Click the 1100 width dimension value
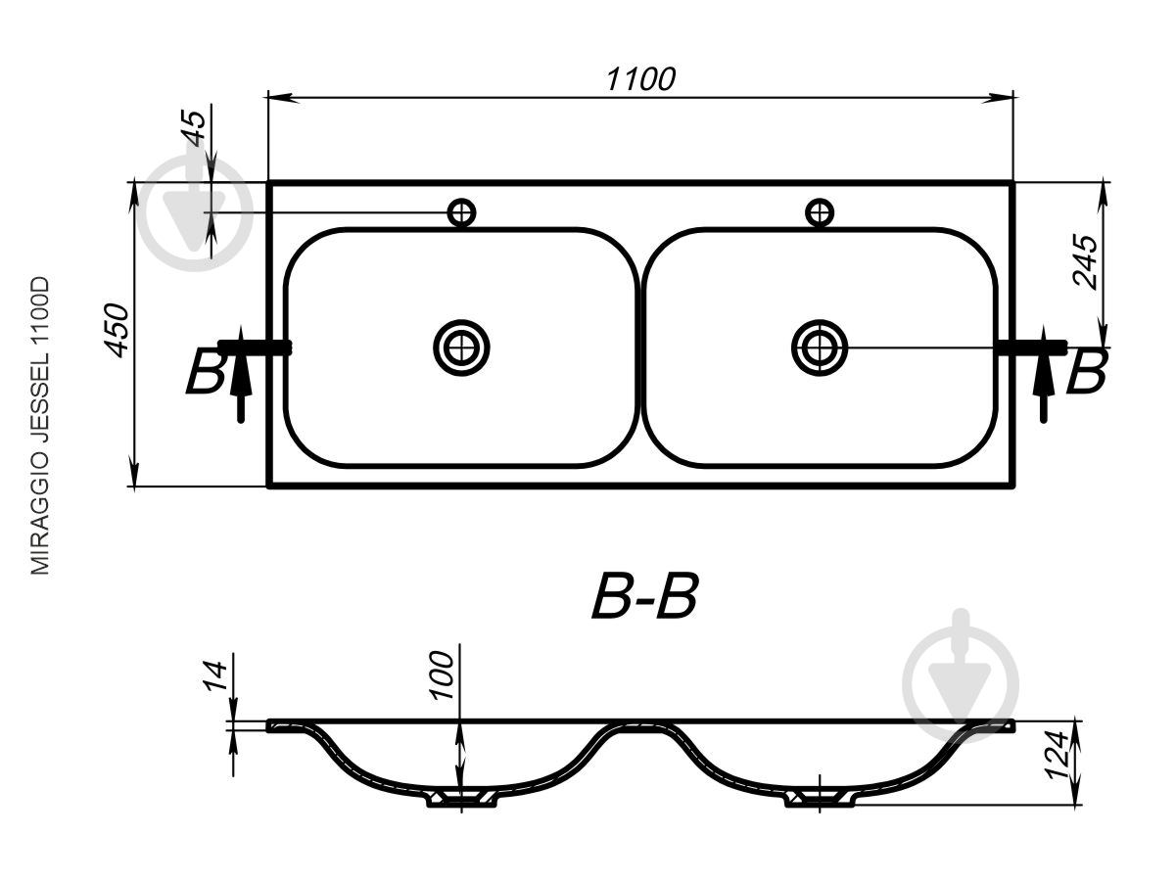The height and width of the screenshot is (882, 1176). [640, 79]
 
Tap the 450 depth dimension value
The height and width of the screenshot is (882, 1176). [117, 331]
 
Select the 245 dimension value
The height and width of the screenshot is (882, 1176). [1085, 262]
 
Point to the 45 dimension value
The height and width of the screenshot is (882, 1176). [195, 127]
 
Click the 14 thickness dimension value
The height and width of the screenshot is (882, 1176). [214, 676]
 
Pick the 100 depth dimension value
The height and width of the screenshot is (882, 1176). [442, 675]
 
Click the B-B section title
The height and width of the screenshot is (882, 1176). [645, 596]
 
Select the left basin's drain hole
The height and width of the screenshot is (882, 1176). [461, 348]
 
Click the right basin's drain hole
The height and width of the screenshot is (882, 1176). [820, 348]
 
